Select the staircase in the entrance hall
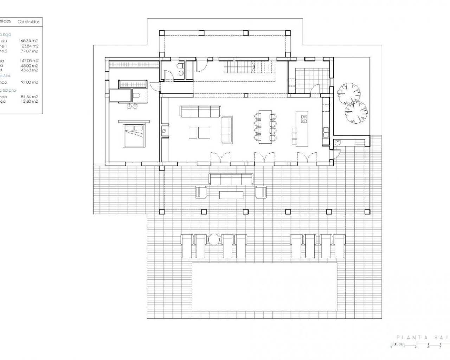pyautogui.click(x=239, y=66)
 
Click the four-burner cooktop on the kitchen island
pyautogui.click(x=303, y=119)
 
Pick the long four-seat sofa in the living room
pyautogui.click(x=200, y=111)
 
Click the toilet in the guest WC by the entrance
pyautogui.click(x=180, y=66)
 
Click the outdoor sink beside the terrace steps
pyautogui.click(x=337, y=143)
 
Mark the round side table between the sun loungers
pyautogui.click(x=213, y=239)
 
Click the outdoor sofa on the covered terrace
pyautogui.click(x=231, y=179)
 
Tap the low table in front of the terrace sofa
pyautogui.click(x=231, y=195)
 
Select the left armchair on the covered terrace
pyautogui.click(x=201, y=192)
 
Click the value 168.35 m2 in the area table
pyautogui.click(x=29, y=41)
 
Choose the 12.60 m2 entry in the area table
pyautogui.click(x=30, y=102)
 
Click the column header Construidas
pyautogui.click(x=28, y=22)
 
